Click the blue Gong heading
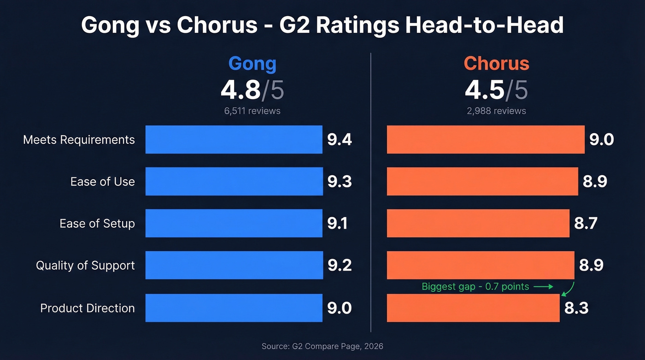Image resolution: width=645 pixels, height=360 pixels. (252, 64)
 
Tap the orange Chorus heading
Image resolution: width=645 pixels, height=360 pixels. (496, 64)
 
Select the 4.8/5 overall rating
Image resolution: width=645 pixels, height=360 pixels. (252, 90)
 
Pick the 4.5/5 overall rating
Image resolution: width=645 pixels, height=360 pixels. (496, 90)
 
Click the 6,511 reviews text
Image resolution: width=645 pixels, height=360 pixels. (252, 111)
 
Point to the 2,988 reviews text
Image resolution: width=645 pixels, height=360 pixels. (496, 111)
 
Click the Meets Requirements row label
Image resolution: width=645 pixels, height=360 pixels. (79, 140)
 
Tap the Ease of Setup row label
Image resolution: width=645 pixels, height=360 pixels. (97, 224)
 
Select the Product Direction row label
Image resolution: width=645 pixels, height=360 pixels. (88, 308)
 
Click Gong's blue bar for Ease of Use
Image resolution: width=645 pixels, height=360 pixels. (234, 181)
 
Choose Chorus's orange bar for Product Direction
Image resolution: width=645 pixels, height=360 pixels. (473, 308)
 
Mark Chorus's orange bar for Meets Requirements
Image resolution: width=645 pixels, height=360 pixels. (486, 140)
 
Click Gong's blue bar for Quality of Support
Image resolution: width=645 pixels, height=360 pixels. (234, 266)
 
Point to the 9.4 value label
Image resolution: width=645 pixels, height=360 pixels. (340, 140)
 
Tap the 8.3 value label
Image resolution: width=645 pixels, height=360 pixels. (576, 308)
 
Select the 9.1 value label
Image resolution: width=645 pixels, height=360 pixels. (337, 224)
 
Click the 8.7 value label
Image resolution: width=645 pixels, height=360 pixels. (586, 224)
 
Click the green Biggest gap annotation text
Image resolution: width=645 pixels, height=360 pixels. (475, 287)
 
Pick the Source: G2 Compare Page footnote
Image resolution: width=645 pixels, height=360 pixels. (322, 346)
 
